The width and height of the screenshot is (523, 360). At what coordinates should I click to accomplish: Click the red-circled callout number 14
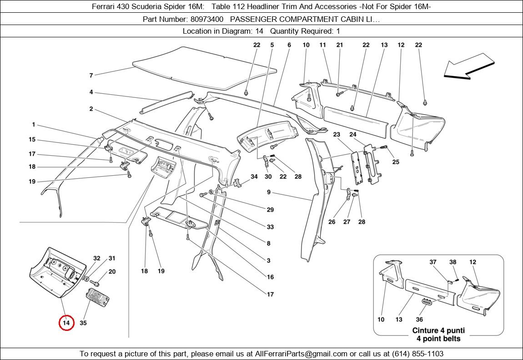[66, 323]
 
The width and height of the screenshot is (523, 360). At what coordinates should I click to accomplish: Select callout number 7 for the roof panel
[91, 75]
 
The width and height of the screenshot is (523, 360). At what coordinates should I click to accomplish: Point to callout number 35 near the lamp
[83, 323]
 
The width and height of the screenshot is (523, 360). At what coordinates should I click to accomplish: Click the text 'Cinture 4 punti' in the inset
[438, 330]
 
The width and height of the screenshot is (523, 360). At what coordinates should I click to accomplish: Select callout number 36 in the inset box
[419, 319]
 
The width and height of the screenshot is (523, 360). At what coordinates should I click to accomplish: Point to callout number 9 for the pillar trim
[269, 193]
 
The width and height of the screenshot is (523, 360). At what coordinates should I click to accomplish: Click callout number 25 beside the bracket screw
[396, 162]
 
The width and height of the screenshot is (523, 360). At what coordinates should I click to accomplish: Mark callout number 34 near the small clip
[254, 177]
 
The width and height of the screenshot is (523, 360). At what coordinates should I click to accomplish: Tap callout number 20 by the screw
[112, 272]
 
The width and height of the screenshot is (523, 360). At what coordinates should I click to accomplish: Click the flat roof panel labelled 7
[200, 68]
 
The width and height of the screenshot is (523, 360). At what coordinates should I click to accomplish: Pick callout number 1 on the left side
[33, 125]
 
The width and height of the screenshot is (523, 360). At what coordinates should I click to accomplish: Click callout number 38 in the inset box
[453, 262]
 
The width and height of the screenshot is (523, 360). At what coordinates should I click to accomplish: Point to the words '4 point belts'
[438, 339]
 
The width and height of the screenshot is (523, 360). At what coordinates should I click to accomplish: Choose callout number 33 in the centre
[270, 227]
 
